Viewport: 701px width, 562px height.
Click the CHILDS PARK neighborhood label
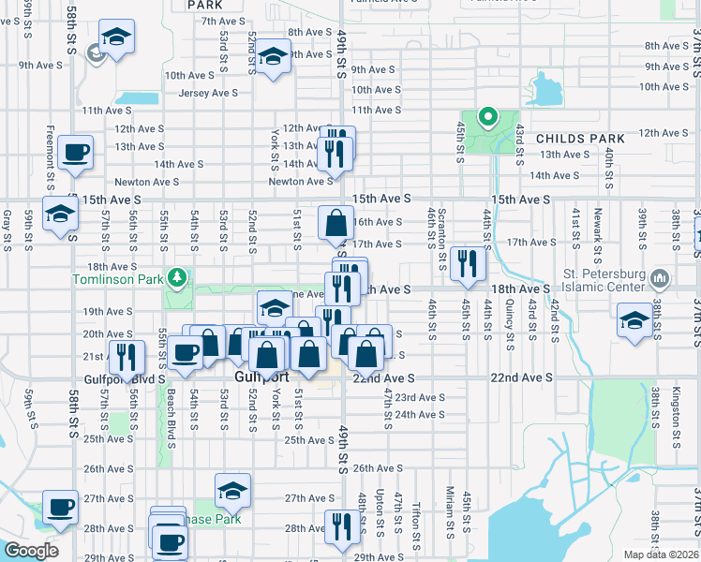pyautogui.click(x=580, y=139)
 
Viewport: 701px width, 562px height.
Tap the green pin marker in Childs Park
pyautogui.click(x=487, y=118)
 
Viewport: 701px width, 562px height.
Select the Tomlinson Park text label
pyautogui.click(x=119, y=279)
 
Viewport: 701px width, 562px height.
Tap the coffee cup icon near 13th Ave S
pyautogui.click(x=75, y=151)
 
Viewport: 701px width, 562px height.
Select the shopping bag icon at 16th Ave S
pyautogui.click(x=336, y=223)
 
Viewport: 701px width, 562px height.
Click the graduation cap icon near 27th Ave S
pyautogui.click(x=232, y=490)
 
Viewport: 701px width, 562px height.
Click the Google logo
pyautogui.click(x=32, y=551)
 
